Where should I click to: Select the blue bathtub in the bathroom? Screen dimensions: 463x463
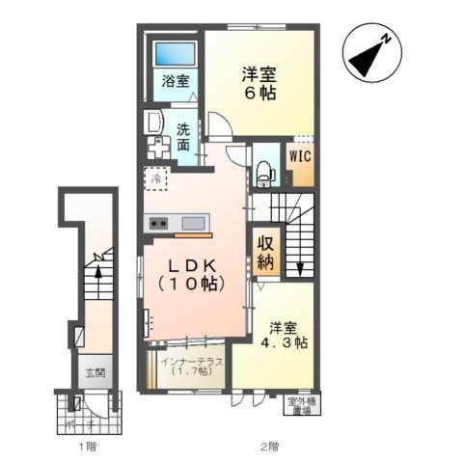coord(174,54)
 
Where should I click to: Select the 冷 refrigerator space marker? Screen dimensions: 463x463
coord(154,177)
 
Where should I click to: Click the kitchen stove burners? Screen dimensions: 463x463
coord(157,224)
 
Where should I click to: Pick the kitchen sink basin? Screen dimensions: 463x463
coord(193,224)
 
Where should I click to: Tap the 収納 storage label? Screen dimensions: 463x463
coord(265,251)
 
